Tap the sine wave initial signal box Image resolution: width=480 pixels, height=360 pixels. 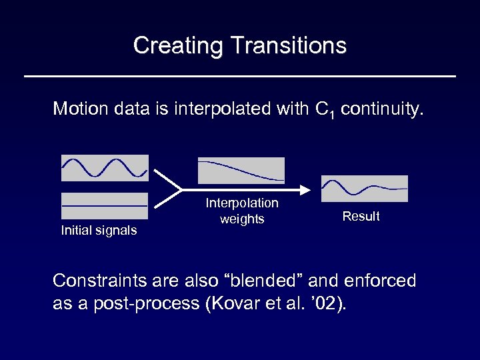(x=105, y=168)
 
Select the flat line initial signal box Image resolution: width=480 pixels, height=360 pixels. (x=105, y=206)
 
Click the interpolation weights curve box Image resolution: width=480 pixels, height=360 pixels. (x=241, y=170)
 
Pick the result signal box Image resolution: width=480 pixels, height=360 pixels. (x=364, y=188)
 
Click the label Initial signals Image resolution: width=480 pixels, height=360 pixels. (x=99, y=231)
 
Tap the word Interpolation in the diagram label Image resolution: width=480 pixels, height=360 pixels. (x=242, y=203)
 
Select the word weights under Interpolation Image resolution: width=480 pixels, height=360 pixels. (x=242, y=219)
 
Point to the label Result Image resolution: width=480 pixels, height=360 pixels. (x=361, y=216)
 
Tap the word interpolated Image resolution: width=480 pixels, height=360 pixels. (x=217, y=108)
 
